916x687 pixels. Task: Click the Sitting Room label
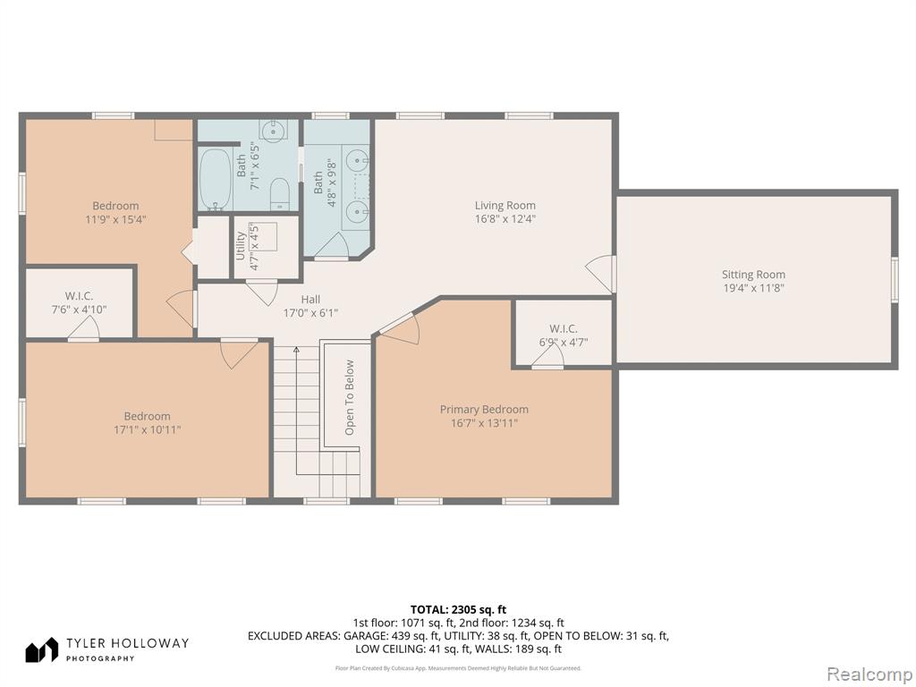[x=753, y=275]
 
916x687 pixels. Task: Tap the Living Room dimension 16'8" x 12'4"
[x=505, y=219]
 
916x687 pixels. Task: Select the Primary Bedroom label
[x=484, y=409]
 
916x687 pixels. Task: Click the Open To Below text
[x=350, y=397]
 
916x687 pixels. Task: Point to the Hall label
[x=310, y=300]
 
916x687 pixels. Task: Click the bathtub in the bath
[x=216, y=179]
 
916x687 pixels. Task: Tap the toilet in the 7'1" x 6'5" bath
[x=280, y=194]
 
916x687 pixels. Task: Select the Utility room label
[x=240, y=247]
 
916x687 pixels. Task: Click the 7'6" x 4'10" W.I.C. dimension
[x=79, y=310]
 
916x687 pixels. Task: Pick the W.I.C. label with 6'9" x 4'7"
[x=564, y=329]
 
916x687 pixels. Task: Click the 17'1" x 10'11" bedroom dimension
[x=148, y=430]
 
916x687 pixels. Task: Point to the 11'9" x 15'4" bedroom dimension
[x=115, y=220]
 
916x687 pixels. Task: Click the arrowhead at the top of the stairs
[x=296, y=350]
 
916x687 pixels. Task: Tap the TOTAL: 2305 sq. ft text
[x=458, y=610]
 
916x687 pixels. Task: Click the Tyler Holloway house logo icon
[x=41, y=649]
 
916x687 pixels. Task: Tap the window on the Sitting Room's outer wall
[x=895, y=279]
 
